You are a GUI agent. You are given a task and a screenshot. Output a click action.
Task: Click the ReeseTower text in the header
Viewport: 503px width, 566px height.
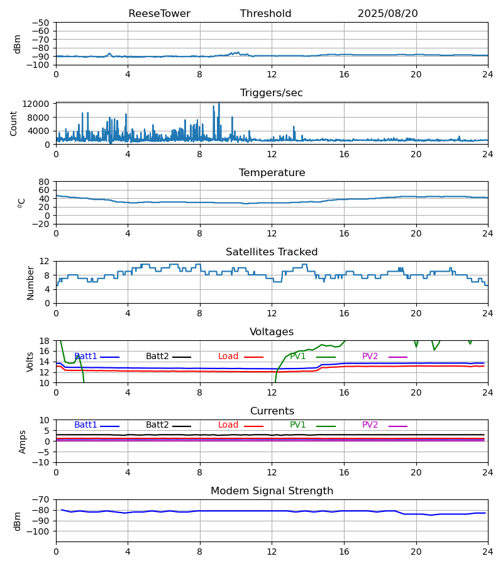coord(159,14)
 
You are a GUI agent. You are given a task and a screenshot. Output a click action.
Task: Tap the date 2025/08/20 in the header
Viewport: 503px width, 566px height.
coord(387,14)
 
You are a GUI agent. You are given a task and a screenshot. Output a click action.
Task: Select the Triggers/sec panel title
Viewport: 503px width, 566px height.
coord(272,93)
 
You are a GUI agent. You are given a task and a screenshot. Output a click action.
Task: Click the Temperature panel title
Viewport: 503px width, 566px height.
coord(272,173)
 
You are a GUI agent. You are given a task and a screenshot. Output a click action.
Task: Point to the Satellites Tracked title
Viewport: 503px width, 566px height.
coord(272,252)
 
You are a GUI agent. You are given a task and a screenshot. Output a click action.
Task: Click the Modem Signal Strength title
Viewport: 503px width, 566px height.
coord(272,491)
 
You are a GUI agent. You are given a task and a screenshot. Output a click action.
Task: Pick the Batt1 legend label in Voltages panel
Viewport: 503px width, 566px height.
coord(86,357)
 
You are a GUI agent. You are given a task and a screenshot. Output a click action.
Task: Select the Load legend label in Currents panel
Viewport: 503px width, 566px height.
coord(228,425)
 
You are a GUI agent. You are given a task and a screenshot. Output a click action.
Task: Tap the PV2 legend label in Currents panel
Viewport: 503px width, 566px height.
coord(370,425)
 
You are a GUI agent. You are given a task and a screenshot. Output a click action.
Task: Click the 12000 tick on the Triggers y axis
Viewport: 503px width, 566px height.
coord(40,104)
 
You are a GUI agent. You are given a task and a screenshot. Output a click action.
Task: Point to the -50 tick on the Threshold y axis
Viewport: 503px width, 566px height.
coord(43,23)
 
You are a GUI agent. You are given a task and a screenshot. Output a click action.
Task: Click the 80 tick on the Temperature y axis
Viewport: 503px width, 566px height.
coord(44,182)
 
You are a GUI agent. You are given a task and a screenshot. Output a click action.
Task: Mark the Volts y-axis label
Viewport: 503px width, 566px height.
coord(31,362)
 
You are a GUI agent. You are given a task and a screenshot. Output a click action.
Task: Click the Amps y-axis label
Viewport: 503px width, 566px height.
coord(23,441)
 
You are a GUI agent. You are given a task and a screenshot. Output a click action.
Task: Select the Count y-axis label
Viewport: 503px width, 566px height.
coord(14,123)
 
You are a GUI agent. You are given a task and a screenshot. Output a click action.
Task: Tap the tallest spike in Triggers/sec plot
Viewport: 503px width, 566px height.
coord(219,104)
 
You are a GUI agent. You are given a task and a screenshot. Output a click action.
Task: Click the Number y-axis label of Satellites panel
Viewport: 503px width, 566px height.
coord(31,282)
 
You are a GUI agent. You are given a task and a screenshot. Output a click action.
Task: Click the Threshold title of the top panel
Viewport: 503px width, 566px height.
coord(265,14)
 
